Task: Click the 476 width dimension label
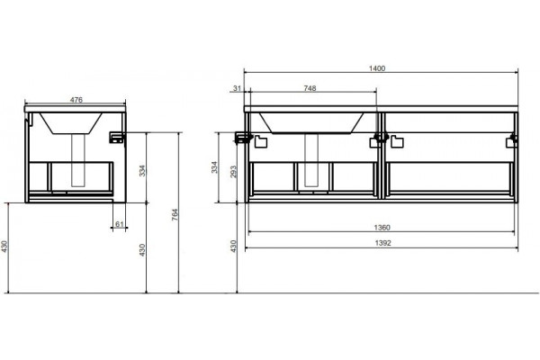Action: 76,100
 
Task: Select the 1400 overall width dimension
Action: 377,68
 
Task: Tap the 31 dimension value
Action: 237,88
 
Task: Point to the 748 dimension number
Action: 310,88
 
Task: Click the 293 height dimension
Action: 234,172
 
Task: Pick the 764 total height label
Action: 175,214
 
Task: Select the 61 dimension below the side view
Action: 119,224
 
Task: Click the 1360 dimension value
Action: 382,228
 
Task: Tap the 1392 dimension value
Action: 383,243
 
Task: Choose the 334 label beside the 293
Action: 215,167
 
